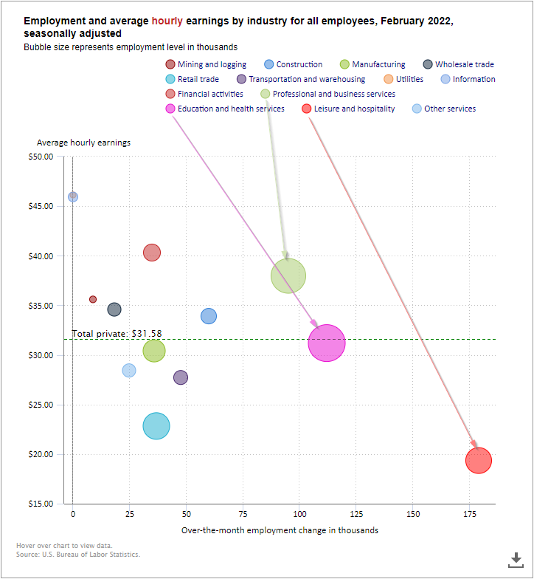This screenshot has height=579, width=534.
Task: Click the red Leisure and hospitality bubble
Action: (x=479, y=461)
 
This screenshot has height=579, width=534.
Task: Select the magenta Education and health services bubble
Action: (x=327, y=343)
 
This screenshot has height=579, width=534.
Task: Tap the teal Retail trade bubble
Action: (x=156, y=425)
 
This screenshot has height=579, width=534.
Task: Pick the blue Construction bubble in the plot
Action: (x=209, y=316)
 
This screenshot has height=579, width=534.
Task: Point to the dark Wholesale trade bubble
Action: (x=114, y=309)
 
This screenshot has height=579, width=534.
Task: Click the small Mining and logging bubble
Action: (x=93, y=299)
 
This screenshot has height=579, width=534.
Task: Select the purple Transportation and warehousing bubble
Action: (x=181, y=377)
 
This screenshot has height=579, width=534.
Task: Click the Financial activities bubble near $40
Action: (x=151, y=253)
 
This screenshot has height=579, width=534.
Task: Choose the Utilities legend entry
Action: (x=403, y=79)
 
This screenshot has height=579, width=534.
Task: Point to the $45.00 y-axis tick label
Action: (x=40, y=206)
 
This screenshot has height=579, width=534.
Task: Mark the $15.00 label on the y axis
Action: (x=40, y=504)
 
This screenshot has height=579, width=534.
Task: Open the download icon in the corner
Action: (x=516, y=559)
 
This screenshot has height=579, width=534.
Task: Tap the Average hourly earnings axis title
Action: (x=83, y=143)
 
